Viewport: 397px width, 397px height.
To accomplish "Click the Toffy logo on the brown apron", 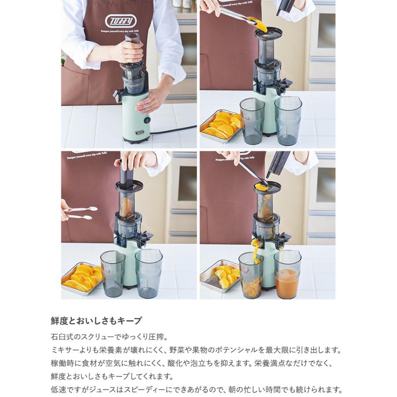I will (x=121, y=20).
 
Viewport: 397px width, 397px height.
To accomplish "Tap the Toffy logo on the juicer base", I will (x=139, y=132).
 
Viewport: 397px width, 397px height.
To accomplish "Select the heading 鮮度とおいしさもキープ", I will (x=96, y=321).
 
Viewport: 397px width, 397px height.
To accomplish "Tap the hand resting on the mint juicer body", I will (x=152, y=101).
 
